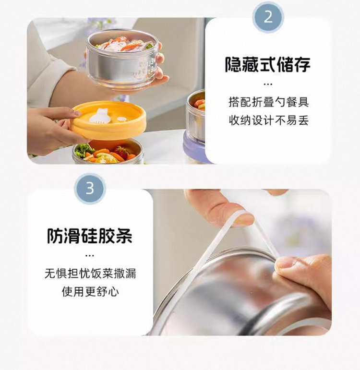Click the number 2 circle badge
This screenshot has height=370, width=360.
(268, 17)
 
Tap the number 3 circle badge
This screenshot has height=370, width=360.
(90, 189)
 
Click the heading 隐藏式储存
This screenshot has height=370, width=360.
(267, 64)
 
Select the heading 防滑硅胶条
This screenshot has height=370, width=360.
(90, 236)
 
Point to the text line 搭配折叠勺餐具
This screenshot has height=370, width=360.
(269, 102)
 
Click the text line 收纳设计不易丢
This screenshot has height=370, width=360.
(269, 120)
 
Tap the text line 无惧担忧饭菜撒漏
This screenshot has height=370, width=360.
(90, 274)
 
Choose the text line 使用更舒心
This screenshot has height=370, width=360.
(90, 292)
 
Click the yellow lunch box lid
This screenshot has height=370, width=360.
(108, 120)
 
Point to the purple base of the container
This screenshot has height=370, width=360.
(194, 147)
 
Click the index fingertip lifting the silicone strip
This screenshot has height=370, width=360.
(243, 218)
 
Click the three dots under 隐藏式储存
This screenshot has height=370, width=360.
(268, 84)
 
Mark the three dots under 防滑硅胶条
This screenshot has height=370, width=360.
(90, 255)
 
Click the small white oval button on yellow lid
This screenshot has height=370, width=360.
(121, 119)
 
